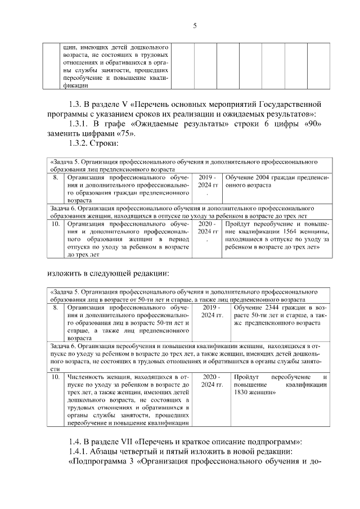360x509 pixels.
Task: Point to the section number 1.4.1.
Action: coord(78,453)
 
